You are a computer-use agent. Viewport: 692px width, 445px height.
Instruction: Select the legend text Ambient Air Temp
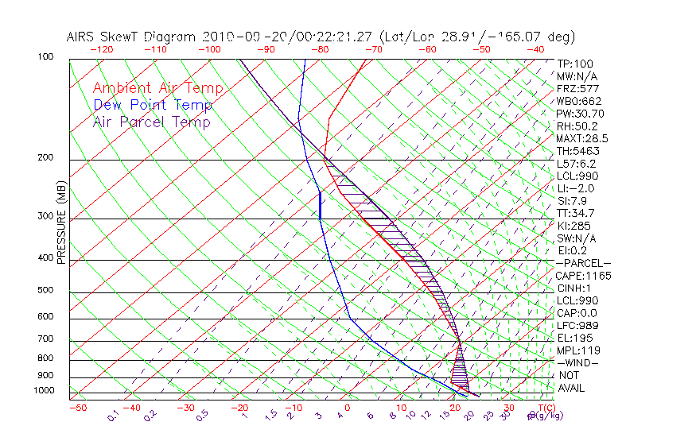(x=157, y=88)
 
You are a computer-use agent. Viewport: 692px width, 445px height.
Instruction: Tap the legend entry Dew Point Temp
(x=153, y=105)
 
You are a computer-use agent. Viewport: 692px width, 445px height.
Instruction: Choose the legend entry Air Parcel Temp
(x=151, y=122)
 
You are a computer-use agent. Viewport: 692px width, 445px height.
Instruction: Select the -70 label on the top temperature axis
(x=372, y=49)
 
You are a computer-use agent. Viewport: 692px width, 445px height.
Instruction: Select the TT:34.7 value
(x=574, y=213)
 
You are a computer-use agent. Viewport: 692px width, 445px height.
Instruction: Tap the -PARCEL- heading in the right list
(x=583, y=263)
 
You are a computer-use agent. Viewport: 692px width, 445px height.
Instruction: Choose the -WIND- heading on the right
(x=577, y=362)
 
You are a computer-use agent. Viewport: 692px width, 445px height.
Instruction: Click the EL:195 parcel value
(x=573, y=338)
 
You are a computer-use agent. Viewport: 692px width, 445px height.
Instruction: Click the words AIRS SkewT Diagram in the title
(x=132, y=37)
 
